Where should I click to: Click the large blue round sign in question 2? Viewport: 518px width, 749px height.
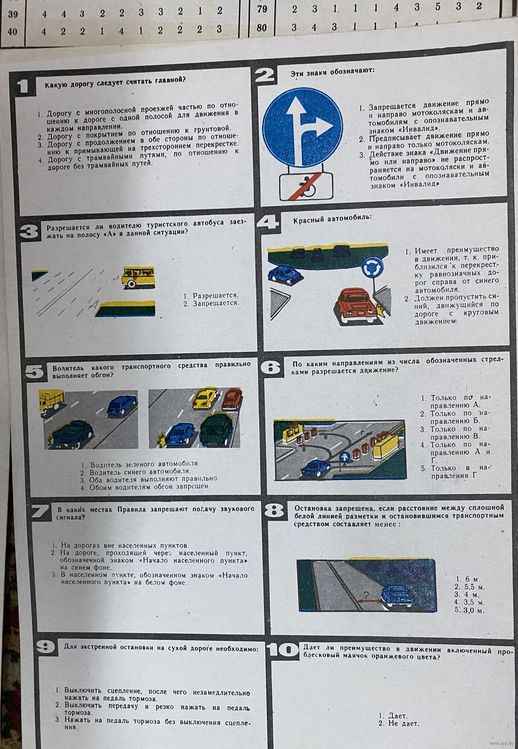303,127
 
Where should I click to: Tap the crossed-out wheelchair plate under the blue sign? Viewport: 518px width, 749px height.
306,186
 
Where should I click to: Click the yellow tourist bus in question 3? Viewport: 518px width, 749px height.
138,277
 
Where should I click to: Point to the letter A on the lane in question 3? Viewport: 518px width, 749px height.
94,304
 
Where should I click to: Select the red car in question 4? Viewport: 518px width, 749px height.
353,305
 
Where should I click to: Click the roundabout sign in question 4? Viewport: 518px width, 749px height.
372,267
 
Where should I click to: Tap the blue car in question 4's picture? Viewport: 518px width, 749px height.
285,274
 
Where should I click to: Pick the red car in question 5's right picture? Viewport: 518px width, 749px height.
232,398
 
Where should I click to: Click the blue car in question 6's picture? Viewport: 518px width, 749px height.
316,468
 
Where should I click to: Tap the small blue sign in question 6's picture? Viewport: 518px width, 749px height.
344,457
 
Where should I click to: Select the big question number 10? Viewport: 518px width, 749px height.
283,650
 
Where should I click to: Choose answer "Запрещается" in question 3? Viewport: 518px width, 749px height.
215,304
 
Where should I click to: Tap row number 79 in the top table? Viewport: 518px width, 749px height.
262,9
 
